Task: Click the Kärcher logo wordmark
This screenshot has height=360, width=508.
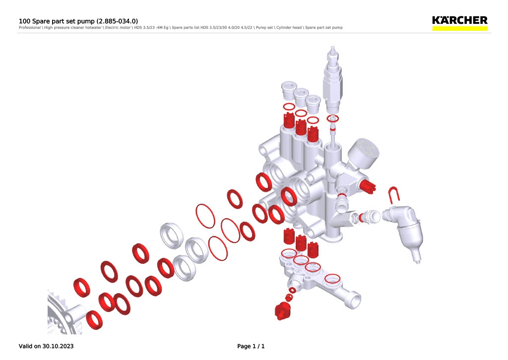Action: tap(460, 20)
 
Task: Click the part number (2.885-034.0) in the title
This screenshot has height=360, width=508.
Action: tap(117, 21)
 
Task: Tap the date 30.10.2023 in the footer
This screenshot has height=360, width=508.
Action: tap(58, 346)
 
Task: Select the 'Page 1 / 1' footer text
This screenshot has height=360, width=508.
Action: tap(251, 346)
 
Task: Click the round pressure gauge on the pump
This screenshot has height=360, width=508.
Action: tap(364, 153)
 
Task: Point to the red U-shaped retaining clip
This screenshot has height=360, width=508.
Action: tap(394, 195)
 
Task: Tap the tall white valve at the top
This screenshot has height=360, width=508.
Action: tap(332, 79)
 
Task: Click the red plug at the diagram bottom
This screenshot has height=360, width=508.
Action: tap(282, 311)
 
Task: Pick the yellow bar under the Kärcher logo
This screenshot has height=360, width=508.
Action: tap(460, 28)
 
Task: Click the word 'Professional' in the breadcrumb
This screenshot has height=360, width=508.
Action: tap(29, 27)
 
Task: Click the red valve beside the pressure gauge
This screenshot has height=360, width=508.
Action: tap(368, 186)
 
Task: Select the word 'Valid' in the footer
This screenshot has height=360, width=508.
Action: tap(26, 346)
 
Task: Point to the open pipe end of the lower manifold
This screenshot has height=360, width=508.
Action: tap(353, 300)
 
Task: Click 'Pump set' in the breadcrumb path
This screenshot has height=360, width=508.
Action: tap(264, 27)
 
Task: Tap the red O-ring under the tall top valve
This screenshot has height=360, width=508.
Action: tap(333, 119)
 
